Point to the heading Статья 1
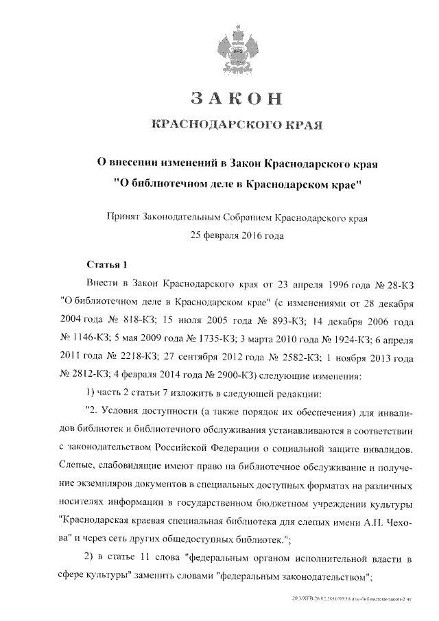tap(107, 264)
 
